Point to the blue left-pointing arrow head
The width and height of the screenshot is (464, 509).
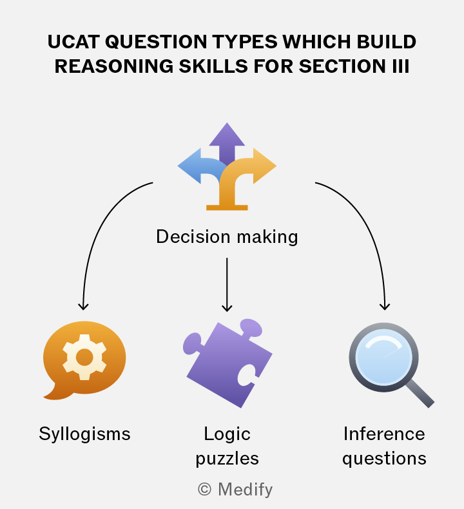pos(190,166)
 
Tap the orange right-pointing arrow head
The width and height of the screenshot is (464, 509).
pos(264,166)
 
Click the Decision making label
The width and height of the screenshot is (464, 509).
pos(227,236)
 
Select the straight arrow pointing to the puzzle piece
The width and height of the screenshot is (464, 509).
pos(227,284)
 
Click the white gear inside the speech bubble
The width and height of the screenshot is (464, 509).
pos(84,357)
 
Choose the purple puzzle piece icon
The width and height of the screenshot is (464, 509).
pos(227,363)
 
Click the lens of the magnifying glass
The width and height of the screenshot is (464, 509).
pos(384,357)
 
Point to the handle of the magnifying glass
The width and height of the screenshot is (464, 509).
pos(419,393)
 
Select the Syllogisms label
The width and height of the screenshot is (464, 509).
pos(84,434)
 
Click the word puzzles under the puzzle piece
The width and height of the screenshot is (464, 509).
pos(227,459)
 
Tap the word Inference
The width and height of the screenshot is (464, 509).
pos(384,434)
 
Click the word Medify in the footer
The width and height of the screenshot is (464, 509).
pos(245,490)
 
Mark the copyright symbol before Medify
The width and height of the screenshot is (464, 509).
pos(204,489)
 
